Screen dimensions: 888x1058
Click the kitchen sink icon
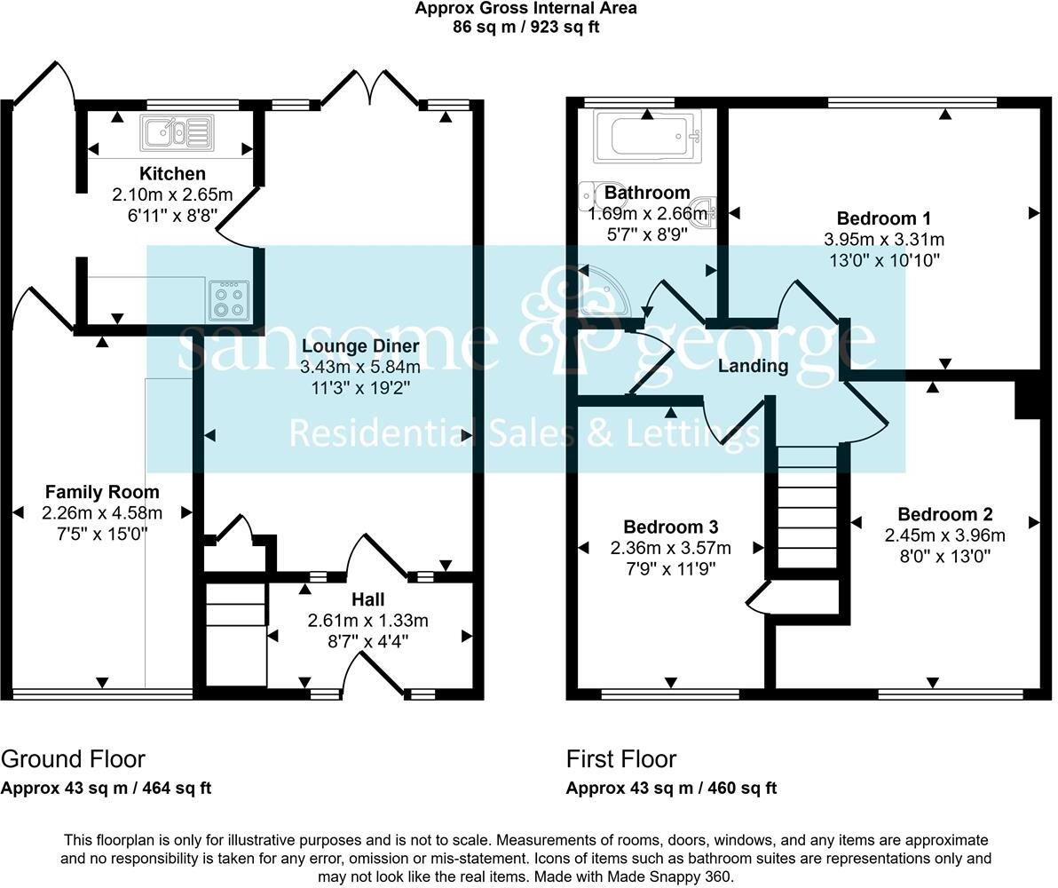[x=176, y=133]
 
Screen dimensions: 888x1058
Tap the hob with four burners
[x=229, y=300]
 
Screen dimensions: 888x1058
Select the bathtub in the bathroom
[x=647, y=136]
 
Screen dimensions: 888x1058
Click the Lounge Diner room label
[x=359, y=345]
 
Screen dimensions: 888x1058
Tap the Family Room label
[x=102, y=492]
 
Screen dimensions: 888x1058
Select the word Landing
[x=753, y=366]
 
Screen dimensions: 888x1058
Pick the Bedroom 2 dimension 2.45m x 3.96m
[x=944, y=535]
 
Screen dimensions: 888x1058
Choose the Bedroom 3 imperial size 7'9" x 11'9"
[x=670, y=568]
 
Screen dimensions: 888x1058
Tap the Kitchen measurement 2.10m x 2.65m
[x=171, y=194]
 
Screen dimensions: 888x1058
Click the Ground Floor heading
[x=73, y=759]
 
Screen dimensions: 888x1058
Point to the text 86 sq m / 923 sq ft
[x=526, y=27]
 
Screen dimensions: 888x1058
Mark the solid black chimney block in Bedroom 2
[x=1027, y=396]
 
